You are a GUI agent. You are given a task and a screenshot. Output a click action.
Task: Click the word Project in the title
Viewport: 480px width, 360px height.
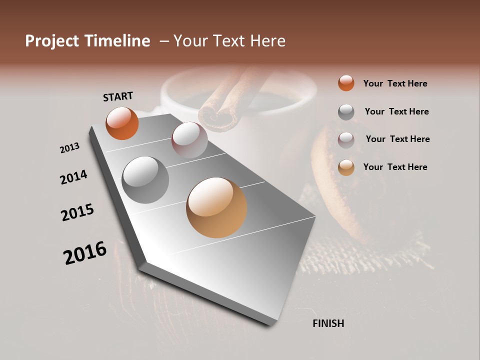[x=51, y=41]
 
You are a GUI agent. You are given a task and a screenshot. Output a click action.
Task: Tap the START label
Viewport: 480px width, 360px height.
[x=118, y=96]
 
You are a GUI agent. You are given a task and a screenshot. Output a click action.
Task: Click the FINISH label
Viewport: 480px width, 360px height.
[x=328, y=323]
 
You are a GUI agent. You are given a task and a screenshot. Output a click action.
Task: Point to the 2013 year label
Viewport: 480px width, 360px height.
[x=69, y=148]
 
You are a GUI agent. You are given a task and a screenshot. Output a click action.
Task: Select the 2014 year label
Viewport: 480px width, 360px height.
[x=73, y=177]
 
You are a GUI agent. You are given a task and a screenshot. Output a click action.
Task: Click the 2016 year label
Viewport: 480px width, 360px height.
[x=85, y=252]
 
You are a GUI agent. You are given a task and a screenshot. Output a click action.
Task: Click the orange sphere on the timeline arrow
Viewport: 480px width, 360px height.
[x=122, y=123]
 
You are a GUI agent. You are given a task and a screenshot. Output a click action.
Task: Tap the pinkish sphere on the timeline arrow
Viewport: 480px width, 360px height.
[x=189, y=140]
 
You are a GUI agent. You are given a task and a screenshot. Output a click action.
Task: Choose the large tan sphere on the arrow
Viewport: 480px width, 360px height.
[x=216, y=207]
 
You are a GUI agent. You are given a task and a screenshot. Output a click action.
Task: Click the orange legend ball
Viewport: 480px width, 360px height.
[x=346, y=83]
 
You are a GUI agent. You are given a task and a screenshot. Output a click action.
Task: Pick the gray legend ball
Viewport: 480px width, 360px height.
[x=346, y=112]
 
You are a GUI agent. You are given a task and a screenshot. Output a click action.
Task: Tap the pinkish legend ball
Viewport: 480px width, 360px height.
[x=346, y=139]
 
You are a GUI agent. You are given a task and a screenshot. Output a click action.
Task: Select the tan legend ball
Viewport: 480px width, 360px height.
[x=346, y=167]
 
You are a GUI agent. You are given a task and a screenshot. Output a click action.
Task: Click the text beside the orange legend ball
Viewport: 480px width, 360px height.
[x=395, y=83]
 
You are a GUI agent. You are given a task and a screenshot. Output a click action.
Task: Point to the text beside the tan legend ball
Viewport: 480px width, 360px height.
[x=395, y=167]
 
